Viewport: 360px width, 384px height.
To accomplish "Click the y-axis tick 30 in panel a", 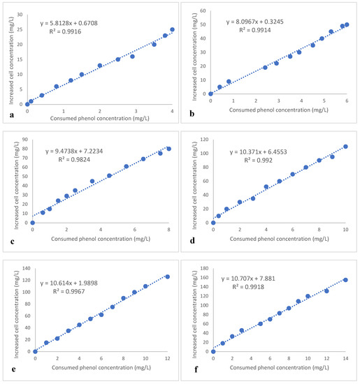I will [x=21, y=15].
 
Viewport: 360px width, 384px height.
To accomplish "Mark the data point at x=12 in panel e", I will [x=167, y=276].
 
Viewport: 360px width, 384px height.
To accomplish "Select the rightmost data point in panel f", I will [x=345, y=280].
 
